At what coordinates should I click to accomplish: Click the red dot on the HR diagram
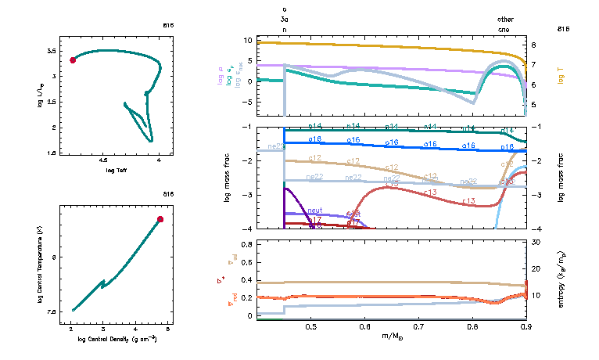(73, 59)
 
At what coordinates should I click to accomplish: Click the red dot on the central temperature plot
(160, 219)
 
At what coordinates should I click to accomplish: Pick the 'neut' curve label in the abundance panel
(315, 211)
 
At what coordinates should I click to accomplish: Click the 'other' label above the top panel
(506, 19)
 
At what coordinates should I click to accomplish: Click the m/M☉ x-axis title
(398, 336)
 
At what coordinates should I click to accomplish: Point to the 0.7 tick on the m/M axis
(419, 326)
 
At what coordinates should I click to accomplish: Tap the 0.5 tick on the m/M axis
(311, 326)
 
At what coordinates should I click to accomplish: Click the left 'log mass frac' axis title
(228, 178)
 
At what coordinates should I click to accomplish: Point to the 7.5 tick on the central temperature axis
(53, 311)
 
